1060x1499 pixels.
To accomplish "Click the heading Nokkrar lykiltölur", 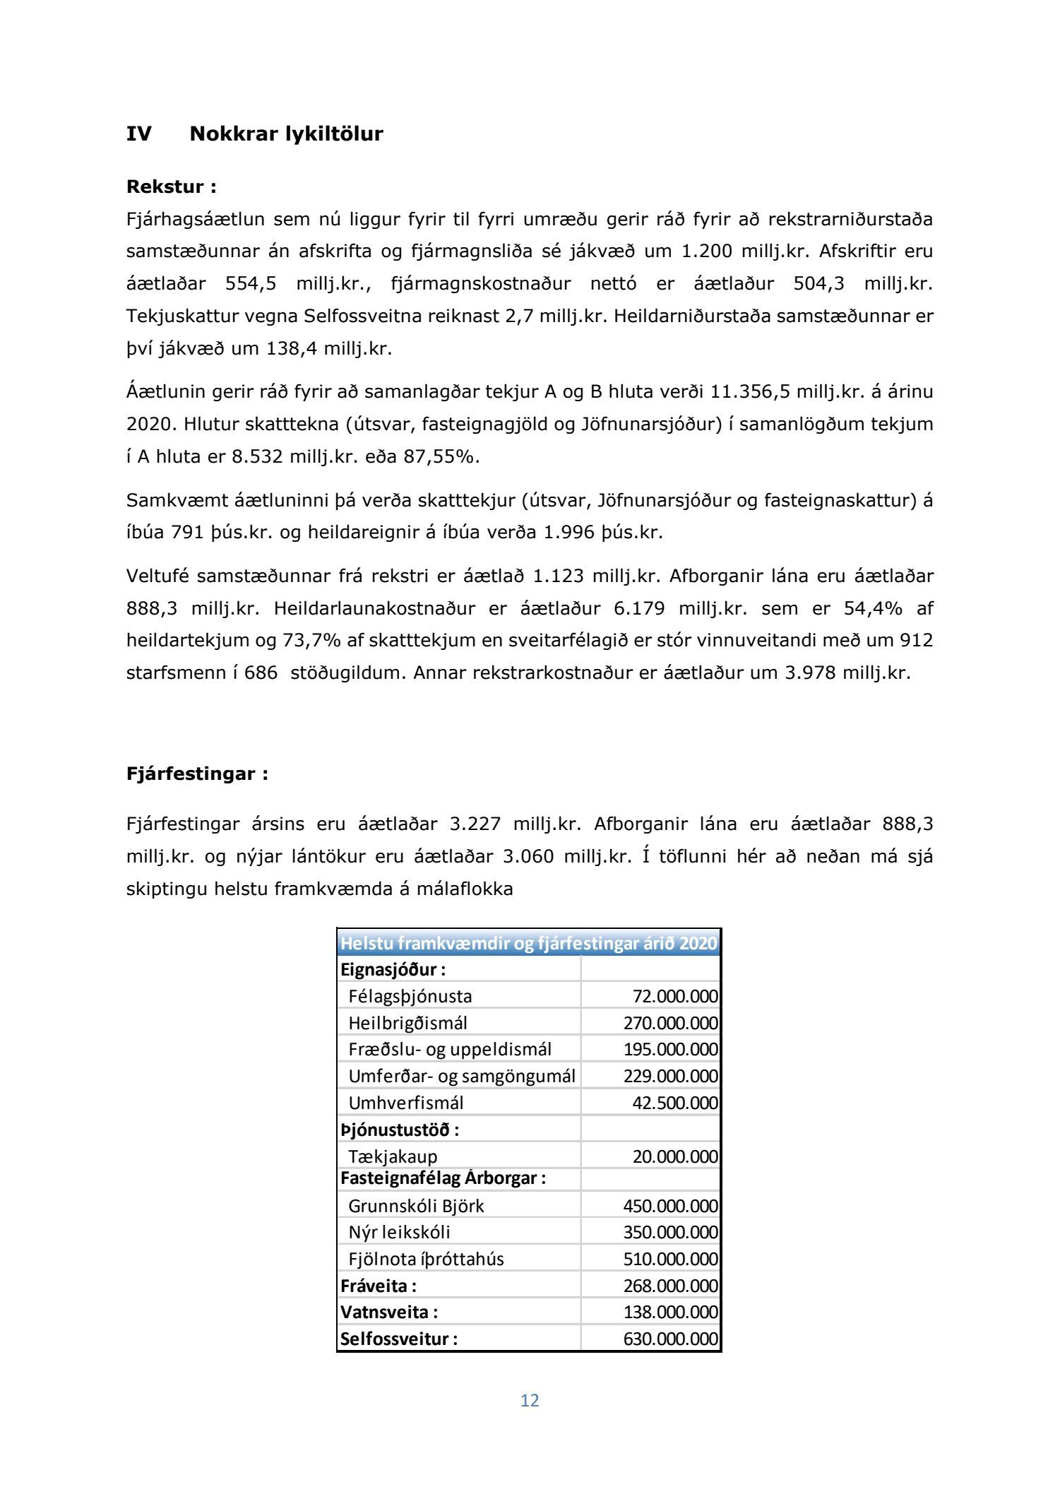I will (x=286, y=134).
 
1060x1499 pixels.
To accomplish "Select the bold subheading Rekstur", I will (x=171, y=187).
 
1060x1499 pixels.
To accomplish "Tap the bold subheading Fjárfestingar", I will (x=197, y=774).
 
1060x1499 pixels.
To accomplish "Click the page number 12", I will (x=530, y=1400).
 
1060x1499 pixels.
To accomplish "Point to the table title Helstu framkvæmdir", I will (x=528, y=943).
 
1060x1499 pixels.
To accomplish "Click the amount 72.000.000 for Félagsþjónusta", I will (x=674, y=996).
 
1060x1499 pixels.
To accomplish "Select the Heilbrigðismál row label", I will (x=407, y=1023).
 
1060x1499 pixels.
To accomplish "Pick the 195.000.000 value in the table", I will (x=670, y=1049).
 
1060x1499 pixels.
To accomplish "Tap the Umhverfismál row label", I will (x=406, y=1103).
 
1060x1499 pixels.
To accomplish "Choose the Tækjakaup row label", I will (x=393, y=1156).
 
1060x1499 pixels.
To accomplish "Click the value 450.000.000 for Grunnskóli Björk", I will (x=670, y=1206).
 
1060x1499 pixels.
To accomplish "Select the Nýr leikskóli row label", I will (x=399, y=1232).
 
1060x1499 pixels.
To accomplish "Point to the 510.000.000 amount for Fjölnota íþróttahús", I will (x=670, y=1259).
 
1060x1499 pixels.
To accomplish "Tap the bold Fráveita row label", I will (x=379, y=1286).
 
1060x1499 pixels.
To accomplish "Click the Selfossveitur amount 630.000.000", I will (x=670, y=1339).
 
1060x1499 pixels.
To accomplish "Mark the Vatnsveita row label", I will (x=389, y=1313).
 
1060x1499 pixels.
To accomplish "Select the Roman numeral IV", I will (x=138, y=134).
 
